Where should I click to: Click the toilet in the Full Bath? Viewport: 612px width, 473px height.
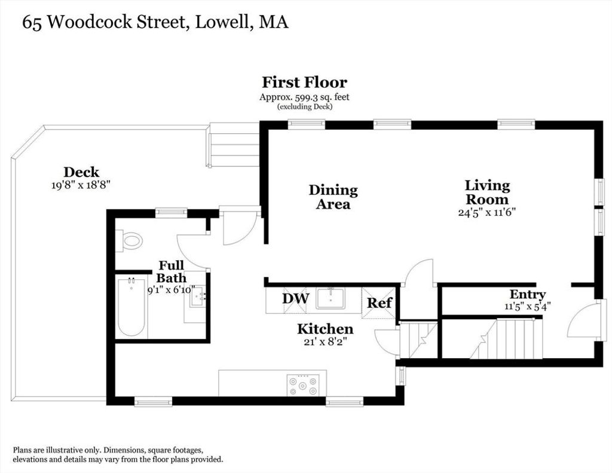[129, 241]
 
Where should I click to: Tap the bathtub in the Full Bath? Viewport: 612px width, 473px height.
[131, 307]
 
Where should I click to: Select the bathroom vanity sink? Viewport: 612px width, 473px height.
[198, 295]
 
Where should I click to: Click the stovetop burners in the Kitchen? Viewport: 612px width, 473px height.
[302, 385]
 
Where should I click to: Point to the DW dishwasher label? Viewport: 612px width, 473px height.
[295, 299]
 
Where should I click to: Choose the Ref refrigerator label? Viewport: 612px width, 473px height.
[379, 303]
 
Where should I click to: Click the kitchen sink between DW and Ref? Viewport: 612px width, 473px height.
[331, 298]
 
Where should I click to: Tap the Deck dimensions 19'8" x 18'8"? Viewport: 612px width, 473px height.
[81, 185]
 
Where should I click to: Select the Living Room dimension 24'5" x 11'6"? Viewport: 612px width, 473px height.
[487, 212]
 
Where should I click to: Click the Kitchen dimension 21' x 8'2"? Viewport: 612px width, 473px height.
[325, 342]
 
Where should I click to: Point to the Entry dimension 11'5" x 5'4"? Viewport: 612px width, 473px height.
[527, 306]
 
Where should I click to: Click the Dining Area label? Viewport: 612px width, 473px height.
[333, 197]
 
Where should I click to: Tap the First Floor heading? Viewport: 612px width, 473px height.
[304, 83]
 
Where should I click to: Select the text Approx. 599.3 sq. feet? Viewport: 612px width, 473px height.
[304, 97]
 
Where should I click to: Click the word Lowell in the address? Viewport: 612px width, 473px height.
[222, 22]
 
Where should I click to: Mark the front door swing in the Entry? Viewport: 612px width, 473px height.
[581, 319]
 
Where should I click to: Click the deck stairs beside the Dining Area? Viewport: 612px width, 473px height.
[234, 145]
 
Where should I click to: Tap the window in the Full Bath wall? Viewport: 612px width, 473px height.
[172, 213]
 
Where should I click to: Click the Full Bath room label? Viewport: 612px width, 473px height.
[172, 271]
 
